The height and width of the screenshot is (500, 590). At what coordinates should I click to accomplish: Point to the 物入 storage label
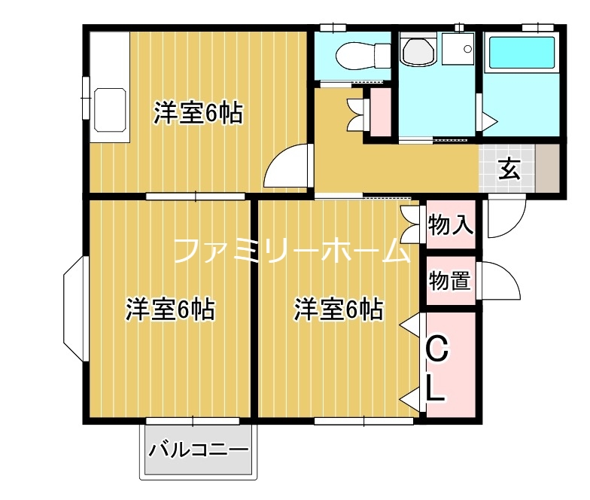(x=450, y=224)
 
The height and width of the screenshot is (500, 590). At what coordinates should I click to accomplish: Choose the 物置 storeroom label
(x=450, y=281)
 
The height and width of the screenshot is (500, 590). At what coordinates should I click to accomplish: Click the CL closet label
(x=438, y=369)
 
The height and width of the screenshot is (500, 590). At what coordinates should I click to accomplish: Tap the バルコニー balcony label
(x=198, y=451)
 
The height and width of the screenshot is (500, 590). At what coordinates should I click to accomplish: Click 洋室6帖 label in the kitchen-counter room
(x=198, y=113)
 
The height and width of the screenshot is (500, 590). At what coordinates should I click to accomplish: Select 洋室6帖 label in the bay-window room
(x=170, y=309)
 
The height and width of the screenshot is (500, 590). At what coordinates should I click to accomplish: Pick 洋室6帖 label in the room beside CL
(x=338, y=309)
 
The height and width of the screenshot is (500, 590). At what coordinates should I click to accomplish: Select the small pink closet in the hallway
(x=380, y=113)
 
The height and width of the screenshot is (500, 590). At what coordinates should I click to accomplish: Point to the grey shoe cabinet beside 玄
(x=546, y=167)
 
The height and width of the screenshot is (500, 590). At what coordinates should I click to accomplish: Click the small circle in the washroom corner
(x=468, y=50)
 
